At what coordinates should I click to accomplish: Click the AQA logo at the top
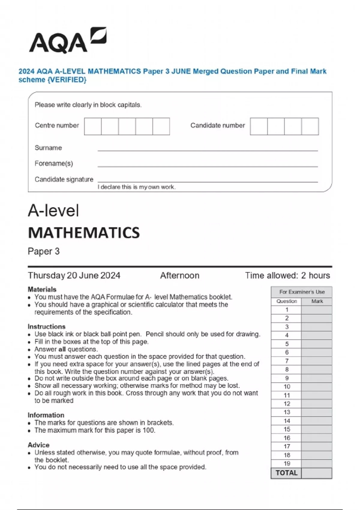pyautogui.click(x=67, y=40)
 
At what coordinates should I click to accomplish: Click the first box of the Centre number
pyautogui.click(x=93, y=126)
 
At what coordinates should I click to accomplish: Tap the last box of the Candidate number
pyautogui.click(x=310, y=126)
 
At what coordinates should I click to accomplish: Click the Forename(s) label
pyautogui.click(x=54, y=163)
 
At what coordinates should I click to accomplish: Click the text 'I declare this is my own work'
pyautogui.click(x=136, y=187)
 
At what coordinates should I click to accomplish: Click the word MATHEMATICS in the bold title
pyautogui.click(x=84, y=233)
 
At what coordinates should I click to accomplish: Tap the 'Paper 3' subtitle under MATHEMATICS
pyautogui.click(x=44, y=251)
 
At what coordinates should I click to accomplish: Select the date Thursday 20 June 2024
pyautogui.click(x=74, y=275)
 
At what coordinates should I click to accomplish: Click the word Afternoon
pyautogui.click(x=180, y=275)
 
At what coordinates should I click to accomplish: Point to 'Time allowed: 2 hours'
pyautogui.click(x=287, y=275)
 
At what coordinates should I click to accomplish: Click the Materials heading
pyautogui.click(x=42, y=289)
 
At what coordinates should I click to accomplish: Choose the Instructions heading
pyautogui.click(x=46, y=326)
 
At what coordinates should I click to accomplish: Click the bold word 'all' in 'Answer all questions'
pyautogui.click(x=62, y=349)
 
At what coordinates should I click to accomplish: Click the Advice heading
pyautogui.click(x=38, y=445)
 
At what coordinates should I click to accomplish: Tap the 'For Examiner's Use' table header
pyautogui.click(x=302, y=292)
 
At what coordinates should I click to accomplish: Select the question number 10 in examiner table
pyautogui.click(x=287, y=387)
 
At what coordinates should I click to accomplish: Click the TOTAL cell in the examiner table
pyautogui.click(x=286, y=473)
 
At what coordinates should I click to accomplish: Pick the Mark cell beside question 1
pyautogui.click(x=316, y=310)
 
